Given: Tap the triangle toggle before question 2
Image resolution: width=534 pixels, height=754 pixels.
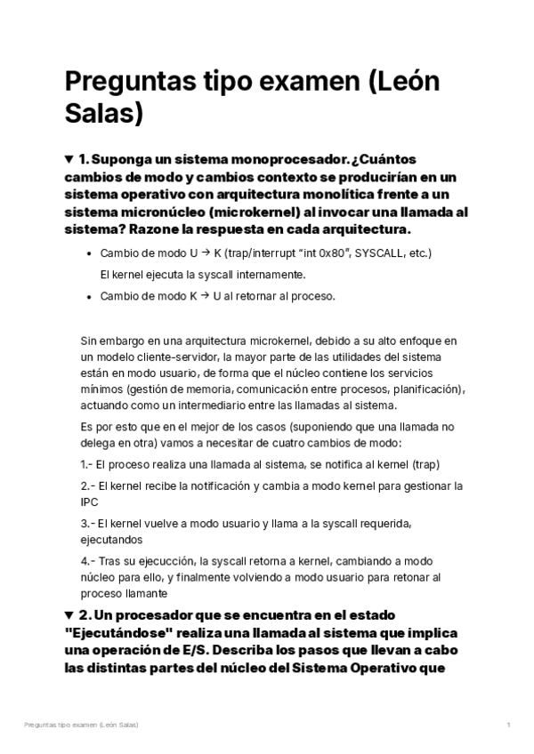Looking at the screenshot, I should click(69, 615).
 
